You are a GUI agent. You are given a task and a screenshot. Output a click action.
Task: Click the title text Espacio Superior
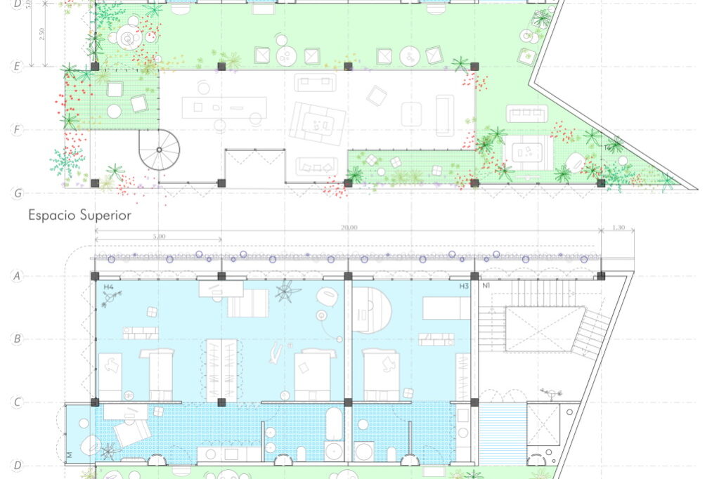point(79,215)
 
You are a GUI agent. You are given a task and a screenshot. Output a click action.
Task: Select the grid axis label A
point(16,276)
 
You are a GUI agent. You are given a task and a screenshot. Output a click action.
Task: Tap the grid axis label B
point(16,339)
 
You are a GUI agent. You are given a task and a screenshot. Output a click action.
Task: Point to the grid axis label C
point(16,402)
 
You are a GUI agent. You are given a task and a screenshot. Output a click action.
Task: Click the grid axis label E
point(16,67)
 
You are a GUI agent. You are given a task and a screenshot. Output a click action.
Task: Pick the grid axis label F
point(16,130)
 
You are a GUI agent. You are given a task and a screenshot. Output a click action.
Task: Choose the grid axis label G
point(16,192)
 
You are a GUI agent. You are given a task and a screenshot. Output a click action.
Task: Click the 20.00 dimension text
point(349,228)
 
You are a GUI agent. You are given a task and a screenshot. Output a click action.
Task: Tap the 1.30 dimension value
point(618,228)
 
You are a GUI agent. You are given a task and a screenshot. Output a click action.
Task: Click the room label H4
point(109,287)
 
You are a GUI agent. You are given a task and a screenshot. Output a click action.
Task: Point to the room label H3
point(464,287)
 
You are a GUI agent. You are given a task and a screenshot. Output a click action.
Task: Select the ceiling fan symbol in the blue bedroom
point(287,291)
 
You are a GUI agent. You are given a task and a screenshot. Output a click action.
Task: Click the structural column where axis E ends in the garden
point(474,67)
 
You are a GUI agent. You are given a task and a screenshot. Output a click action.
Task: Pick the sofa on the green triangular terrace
point(527,113)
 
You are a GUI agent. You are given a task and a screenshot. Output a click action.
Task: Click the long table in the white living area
point(224,107)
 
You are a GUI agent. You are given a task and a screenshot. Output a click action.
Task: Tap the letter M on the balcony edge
point(70,456)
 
